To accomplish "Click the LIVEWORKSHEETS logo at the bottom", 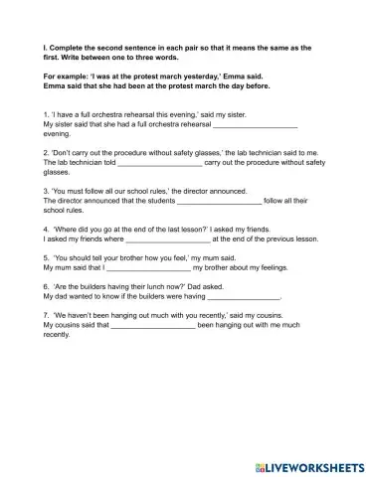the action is pos(311,465).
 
